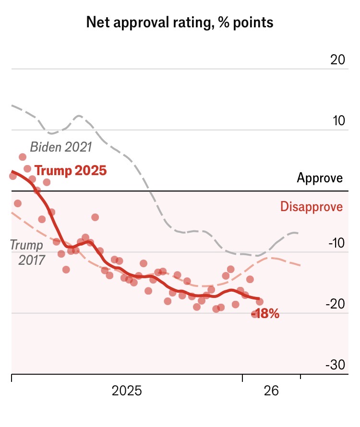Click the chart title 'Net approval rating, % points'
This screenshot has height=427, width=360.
coord(180,22)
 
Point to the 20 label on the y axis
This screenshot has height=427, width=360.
coord(337,60)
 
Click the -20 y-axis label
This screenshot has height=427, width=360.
coord(335,304)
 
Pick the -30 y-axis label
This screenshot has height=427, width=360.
coord(335,365)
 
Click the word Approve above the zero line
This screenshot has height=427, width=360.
coord(320,178)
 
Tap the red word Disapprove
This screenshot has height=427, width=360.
coord(312,207)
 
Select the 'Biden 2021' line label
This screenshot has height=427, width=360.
coord(61,147)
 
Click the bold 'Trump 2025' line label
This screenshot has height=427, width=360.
coord(71,170)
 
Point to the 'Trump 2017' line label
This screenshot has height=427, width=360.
coord(27,252)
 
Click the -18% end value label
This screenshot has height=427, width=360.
coord(266,315)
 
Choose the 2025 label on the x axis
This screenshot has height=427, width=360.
coord(127,391)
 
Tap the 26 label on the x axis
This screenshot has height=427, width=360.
coord(271,391)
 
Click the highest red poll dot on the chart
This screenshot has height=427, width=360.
coord(23,157)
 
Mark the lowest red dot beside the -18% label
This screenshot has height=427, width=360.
coord(255,314)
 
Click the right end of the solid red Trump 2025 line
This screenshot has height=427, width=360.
coord(259,299)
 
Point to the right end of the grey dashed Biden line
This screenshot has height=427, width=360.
coord(299,233)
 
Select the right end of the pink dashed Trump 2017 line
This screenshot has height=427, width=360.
coord(300,265)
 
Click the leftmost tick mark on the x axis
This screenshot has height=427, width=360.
coord(12,378)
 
